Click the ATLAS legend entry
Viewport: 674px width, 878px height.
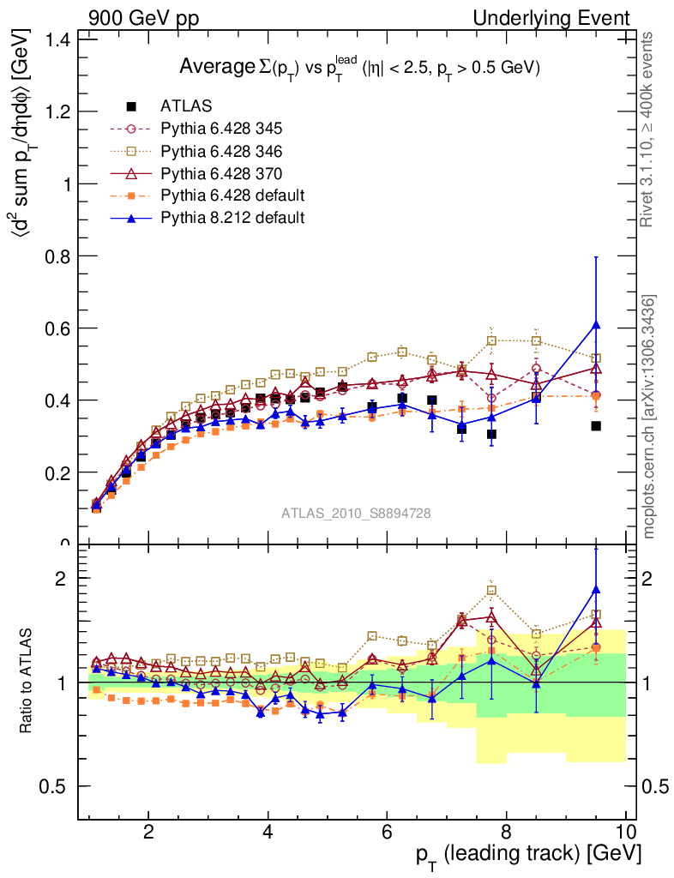[186, 106]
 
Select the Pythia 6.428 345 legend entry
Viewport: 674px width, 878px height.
[221, 129]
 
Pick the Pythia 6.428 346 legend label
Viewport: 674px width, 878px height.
[221, 151]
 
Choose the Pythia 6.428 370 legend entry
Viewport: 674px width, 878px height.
[221, 173]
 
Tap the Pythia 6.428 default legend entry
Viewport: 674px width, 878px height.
[232, 195]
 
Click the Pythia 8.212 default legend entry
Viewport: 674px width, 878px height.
[232, 218]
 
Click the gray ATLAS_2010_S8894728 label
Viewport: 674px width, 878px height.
[356, 514]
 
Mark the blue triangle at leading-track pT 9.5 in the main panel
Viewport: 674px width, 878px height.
[596, 324]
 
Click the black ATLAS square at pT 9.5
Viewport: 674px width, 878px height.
[596, 426]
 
